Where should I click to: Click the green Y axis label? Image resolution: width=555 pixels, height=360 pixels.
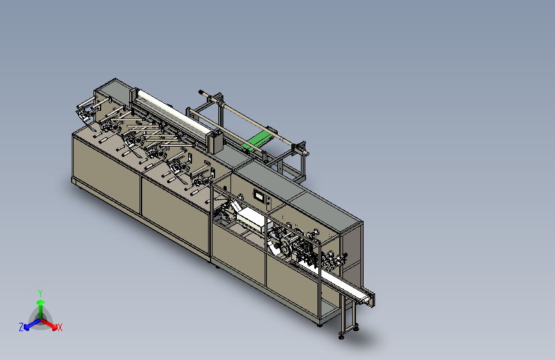coord(40,293)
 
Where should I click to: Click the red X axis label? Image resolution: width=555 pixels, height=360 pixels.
coord(60,327)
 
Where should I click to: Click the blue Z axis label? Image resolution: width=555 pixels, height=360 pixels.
coord(21,327)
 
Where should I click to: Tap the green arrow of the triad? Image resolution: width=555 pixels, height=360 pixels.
coord(41,309)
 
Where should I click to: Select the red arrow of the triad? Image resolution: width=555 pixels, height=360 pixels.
coord(49,324)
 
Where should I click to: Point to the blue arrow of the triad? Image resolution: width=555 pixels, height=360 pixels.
coord(33,324)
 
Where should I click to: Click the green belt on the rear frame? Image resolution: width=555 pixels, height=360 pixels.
coord(258,140)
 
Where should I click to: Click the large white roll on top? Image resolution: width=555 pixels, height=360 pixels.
coord(173,111)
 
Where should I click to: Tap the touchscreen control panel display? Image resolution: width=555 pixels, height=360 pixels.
coord(259,196)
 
